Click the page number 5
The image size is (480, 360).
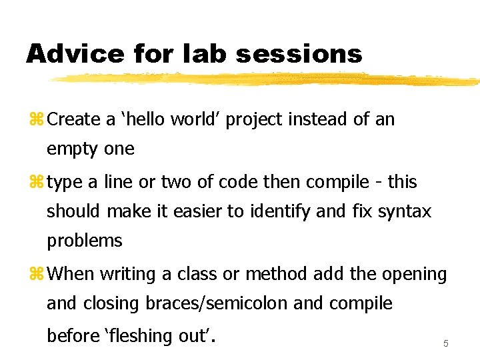445,343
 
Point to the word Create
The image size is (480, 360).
74,119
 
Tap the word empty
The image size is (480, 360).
73,150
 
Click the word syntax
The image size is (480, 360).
405,213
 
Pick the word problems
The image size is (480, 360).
84,241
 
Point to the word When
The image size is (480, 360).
70,274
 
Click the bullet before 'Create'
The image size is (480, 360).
36,120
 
